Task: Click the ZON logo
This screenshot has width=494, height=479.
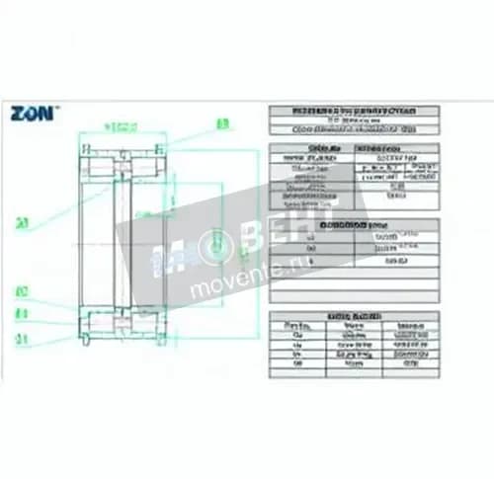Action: click(34, 113)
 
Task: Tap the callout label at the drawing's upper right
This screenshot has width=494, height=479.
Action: click(223, 123)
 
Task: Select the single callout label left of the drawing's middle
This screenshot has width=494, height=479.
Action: click(22, 221)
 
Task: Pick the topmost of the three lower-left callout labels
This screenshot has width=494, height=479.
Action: click(22, 292)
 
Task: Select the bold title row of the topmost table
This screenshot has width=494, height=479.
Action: click(353, 112)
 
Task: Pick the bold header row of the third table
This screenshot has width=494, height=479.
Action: click(353, 225)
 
